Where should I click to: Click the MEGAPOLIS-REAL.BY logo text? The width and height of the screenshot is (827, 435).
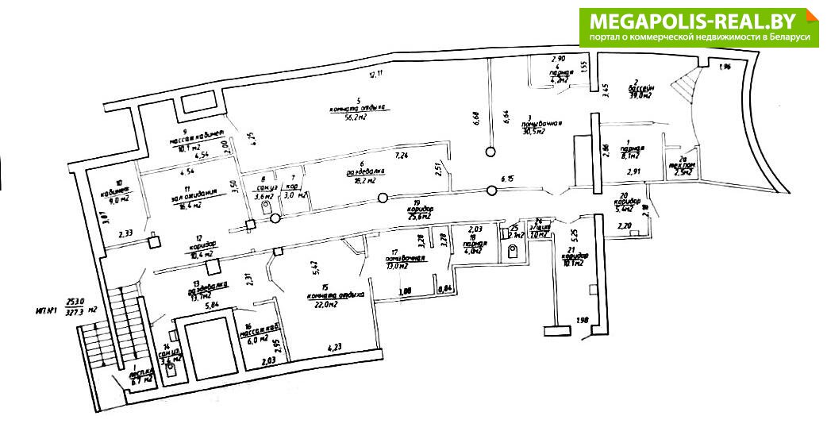(696, 20)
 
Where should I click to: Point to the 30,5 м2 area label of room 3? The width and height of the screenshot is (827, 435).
(531, 132)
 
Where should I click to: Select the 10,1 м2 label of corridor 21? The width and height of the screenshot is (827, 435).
(573, 264)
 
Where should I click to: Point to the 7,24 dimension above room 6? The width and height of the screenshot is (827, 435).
(401, 154)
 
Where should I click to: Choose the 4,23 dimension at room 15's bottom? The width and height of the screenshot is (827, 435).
(337, 347)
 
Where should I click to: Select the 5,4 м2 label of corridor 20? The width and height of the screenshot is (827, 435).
(626, 210)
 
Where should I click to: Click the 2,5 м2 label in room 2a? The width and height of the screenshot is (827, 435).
(682, 171)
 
